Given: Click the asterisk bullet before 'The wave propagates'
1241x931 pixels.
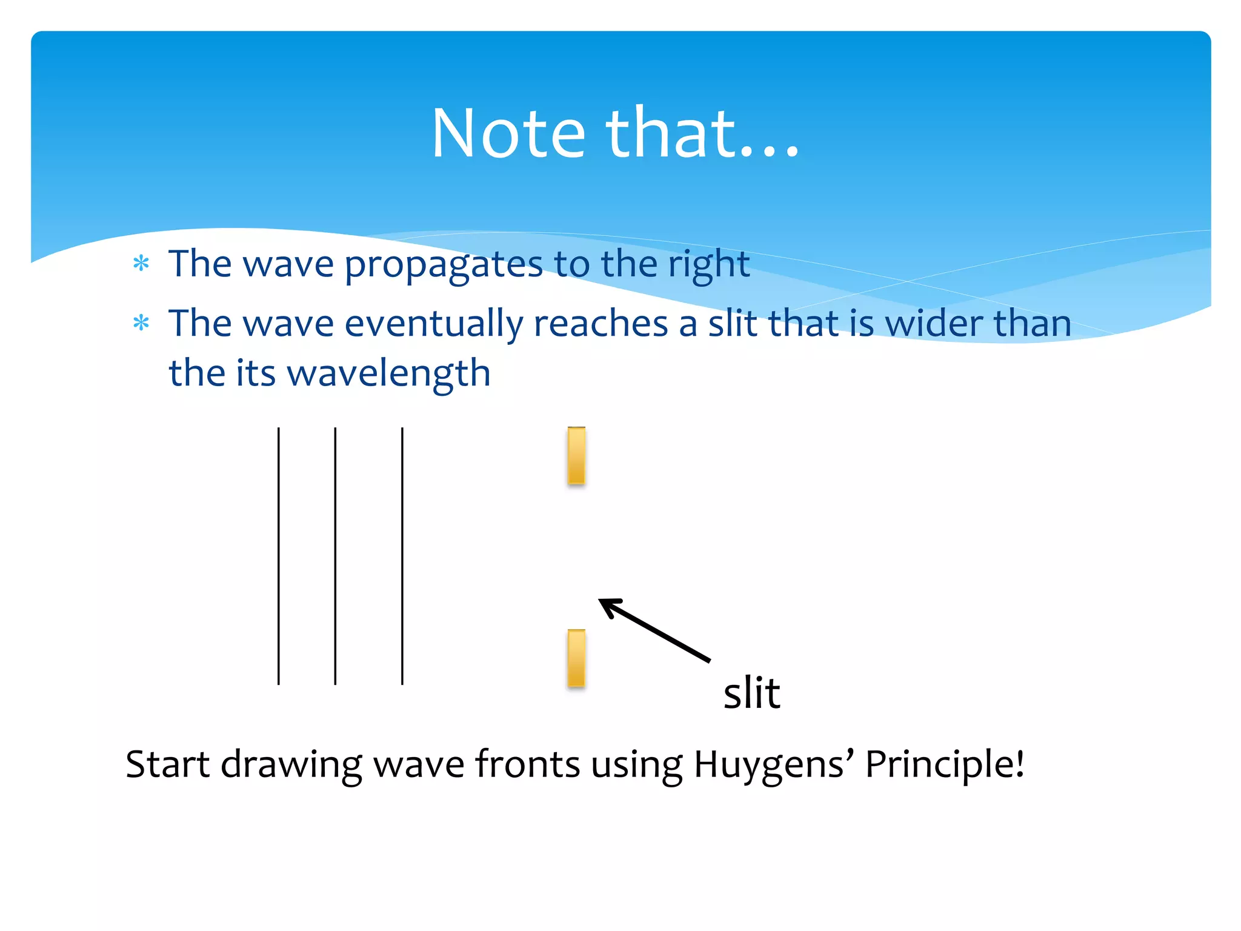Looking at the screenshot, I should point(141,264).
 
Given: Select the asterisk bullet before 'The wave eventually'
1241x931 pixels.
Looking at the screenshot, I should point(141,323).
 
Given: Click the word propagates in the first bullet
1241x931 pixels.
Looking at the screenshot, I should point(444,265).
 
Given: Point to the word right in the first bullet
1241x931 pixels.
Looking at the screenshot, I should point(708,265).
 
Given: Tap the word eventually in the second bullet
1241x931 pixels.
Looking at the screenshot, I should point(433,324).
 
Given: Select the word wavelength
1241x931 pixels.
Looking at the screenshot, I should point(388,373).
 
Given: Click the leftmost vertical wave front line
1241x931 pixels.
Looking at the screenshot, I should point(279,556).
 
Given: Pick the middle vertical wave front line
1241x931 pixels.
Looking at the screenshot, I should point(335,556).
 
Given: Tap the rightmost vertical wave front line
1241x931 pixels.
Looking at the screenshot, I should point(402,556).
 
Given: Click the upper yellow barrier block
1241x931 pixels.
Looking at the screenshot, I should point(576,456).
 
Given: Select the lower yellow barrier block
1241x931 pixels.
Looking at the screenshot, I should point(576,658).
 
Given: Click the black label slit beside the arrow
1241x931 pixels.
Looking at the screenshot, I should point(751,693).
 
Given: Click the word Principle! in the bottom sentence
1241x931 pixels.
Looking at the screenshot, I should point(944,764).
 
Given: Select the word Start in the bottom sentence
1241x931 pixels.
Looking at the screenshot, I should point(167,764).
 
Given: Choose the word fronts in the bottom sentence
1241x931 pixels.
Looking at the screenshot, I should point(527,764).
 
